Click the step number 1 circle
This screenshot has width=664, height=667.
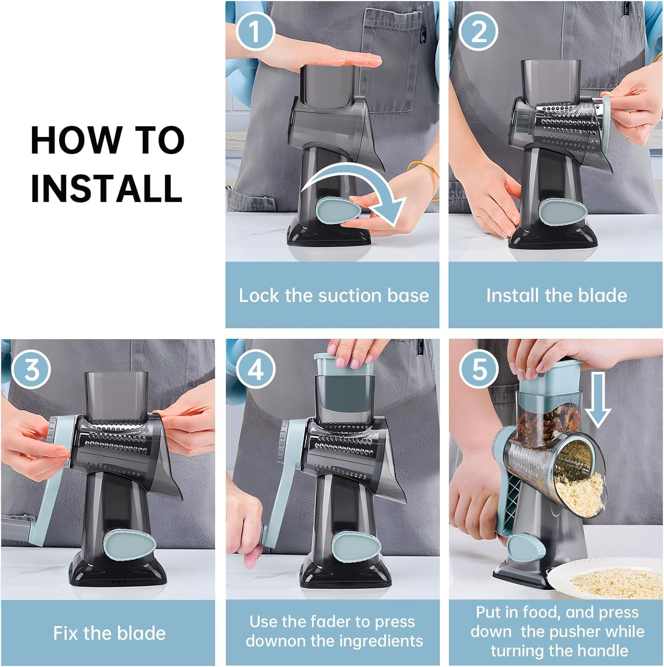pyautogui.click(x=255, y=32)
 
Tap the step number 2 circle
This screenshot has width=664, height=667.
pyautogui.click(x=478, y=32)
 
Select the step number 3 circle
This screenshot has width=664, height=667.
pyautogui.click(x=31, y=369)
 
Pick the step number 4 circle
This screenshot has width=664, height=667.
pyautogui.click(x=255, y=369)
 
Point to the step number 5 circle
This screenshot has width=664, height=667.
pyautogui.click(x=478, y=369)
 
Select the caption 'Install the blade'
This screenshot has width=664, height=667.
pyautogui.click(x=556, y=295)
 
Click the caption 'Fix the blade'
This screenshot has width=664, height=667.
pyautogui.click(x=109, y=633)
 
